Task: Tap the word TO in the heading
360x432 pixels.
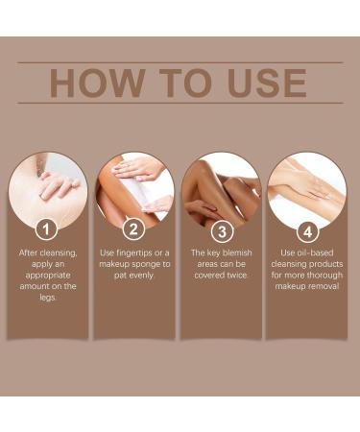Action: click(x=176, y=84)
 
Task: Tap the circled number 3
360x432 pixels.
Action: click(x=221, y=229)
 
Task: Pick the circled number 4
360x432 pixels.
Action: click(x=307, y=229)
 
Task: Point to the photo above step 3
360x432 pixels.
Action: click(x=221, y=186)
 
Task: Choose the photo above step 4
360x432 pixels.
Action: click(x=307, y=186)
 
